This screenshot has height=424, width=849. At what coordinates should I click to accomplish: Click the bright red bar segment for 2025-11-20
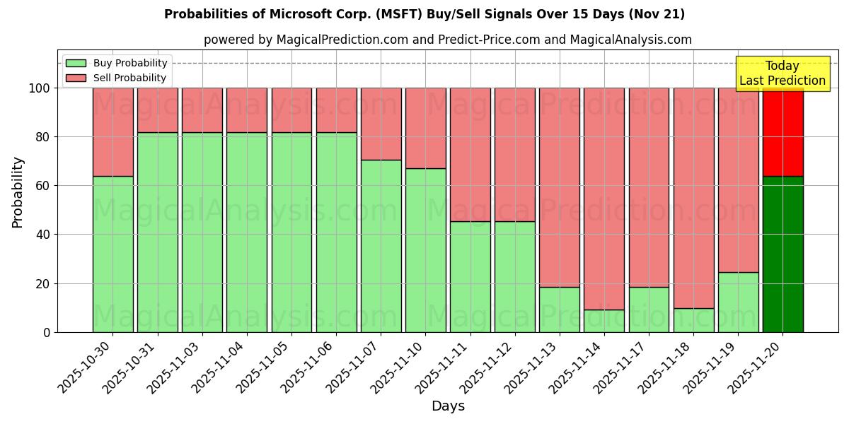(x=782, y=131)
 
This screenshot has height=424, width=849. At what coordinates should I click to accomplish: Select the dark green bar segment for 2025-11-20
(x=782, y=254)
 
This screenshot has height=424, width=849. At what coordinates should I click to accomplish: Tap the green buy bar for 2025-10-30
(x=112, y=254)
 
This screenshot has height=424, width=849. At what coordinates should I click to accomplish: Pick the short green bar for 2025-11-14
(x=603, y=321)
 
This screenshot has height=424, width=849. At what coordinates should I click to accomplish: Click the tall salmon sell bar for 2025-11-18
(x=693, y=198)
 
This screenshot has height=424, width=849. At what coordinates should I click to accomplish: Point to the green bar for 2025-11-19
(x=738, y=302)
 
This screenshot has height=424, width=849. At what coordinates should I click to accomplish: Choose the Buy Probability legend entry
(x=117, y=63)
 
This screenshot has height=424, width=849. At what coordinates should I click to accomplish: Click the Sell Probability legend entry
(x=117, y=78)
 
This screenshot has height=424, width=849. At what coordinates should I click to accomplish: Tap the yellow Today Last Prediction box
(x=782, y=73)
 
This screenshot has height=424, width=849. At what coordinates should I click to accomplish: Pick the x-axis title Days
(x=448, y=406)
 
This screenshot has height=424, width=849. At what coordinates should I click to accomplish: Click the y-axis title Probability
(x=18, y=192)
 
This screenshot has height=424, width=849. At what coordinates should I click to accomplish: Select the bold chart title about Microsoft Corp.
(x=424, y=14)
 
